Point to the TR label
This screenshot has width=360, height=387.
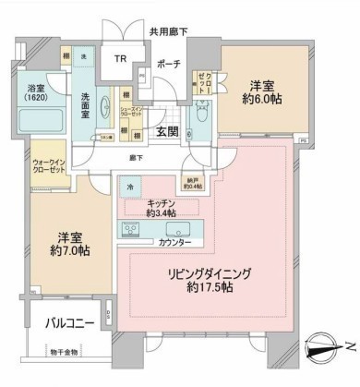(x=120, y=58)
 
